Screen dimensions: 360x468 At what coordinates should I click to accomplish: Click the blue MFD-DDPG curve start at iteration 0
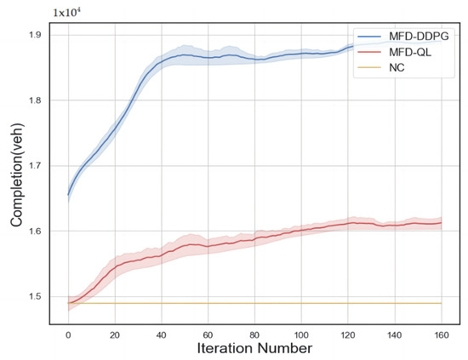pos(68,194)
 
